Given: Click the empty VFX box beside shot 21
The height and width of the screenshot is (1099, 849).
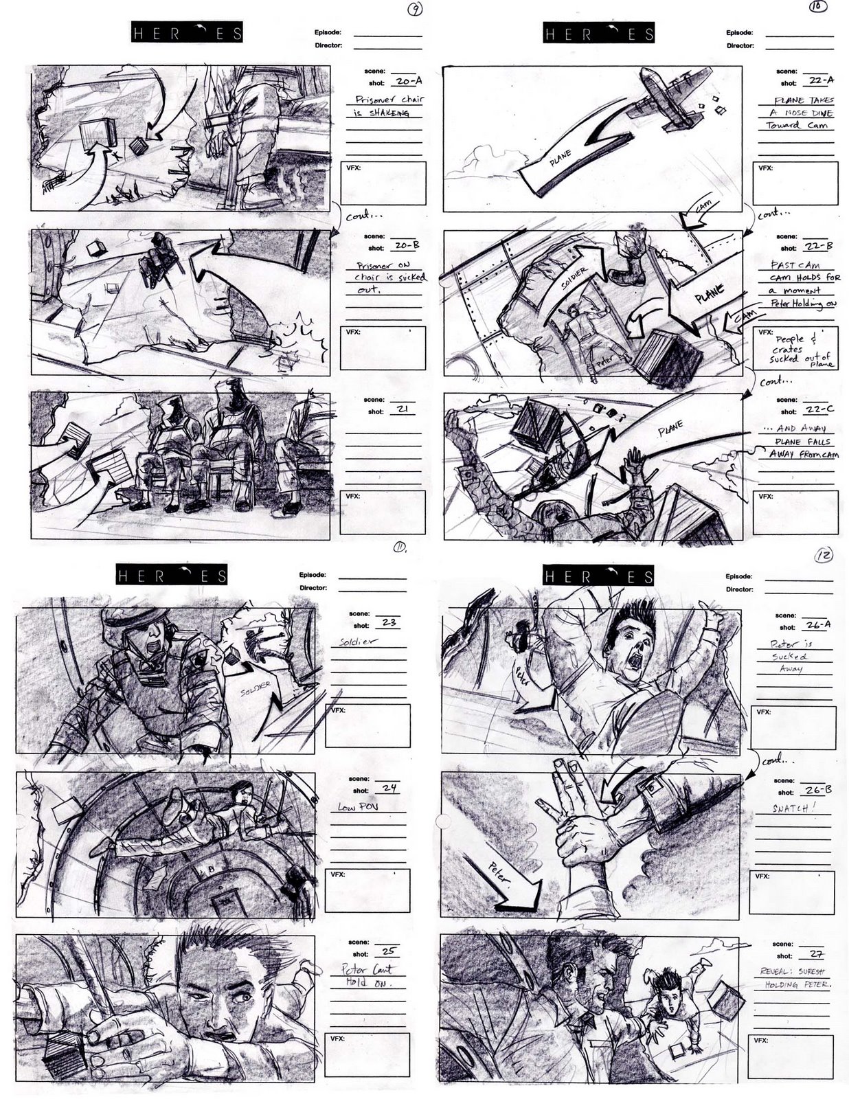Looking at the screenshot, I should (383, 512).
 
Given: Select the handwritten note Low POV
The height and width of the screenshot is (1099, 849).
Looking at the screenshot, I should (357, 806).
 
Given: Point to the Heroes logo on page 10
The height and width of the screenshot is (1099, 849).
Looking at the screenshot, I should (598, 33).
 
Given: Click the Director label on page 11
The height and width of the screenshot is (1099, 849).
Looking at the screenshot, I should (313, 588).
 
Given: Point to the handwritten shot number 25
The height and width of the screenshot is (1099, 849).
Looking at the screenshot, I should (388, 951).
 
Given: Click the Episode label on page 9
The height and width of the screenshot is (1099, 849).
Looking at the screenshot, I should (328, 33).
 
